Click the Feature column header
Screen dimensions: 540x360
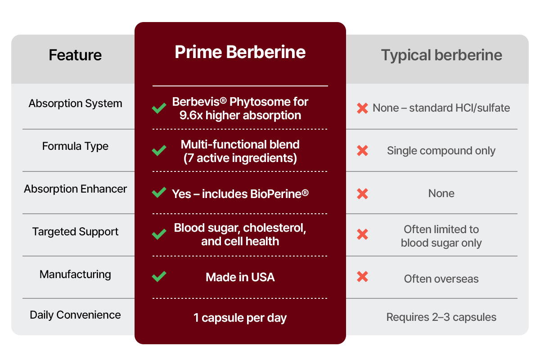tap(75, 55)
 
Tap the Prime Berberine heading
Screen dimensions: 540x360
tap(240, 52)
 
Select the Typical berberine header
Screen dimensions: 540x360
tap(441, 55)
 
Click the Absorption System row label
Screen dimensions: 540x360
tap(76, 103)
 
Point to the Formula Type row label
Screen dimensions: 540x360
tap(75, 146)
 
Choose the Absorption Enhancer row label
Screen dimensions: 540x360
tap(75, 189)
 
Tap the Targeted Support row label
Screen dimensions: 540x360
tap(75, 232)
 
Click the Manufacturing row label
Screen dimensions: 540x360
tap(75, 274)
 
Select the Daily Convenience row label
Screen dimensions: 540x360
tap(75, 315)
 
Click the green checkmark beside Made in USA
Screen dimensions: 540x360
tap(159, 277)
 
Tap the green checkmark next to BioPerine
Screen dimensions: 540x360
tap(159, 193)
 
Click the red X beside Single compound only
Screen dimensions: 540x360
tap(362, 151)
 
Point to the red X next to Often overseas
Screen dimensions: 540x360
tap(362, 277)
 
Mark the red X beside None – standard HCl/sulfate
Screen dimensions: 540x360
tap(362, 108)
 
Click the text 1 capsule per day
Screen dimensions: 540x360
tap(240, 318)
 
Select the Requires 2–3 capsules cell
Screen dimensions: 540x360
tap(441, 317)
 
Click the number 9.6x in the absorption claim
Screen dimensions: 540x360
tap(191, 116)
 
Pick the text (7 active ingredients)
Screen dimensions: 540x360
tap(240, 158)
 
